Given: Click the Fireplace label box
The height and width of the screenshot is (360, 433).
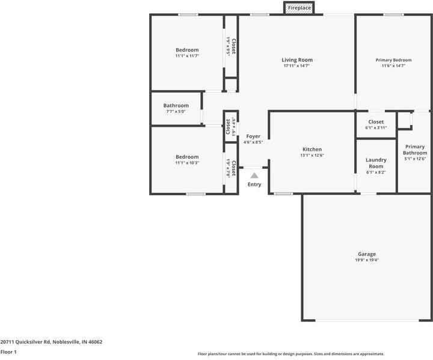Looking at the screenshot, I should point(299,8).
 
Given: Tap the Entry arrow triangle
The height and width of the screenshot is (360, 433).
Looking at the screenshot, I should point(254,175).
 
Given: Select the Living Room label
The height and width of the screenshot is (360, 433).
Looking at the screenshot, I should point(297,60).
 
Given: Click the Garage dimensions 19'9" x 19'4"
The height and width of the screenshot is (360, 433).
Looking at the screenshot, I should point(366,260).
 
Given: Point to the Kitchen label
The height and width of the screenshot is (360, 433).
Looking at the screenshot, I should point(312,150).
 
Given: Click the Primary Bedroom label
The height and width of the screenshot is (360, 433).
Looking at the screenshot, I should point(393,60).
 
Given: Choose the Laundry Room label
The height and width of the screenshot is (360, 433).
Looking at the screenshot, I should point(376,163).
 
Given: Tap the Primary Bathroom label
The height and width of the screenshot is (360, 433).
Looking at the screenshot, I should point(414,150).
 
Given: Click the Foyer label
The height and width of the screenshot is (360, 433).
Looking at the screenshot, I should point(253,136).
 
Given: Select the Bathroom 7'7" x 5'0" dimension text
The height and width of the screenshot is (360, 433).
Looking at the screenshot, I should point(176,112).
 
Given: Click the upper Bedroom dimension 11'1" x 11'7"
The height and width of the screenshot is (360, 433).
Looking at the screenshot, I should point(187,56).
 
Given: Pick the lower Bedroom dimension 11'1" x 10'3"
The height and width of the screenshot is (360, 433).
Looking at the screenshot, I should point(187,163).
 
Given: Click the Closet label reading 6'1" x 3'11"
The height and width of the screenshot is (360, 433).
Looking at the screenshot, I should point(376,128).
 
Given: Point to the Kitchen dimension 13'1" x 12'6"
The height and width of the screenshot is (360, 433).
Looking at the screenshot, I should point(312,156).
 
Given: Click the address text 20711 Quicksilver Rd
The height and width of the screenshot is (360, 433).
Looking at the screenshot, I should point(51,342).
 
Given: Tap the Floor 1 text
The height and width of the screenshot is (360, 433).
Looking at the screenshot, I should point(8,352).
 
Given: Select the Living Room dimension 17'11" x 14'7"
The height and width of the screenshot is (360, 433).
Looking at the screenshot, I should point(297,66).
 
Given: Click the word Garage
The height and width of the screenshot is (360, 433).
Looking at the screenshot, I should point(366,254).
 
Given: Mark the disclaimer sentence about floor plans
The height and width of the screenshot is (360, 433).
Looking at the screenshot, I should point(291,354).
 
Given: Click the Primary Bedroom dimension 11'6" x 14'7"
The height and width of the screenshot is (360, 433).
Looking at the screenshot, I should point(393,66).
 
